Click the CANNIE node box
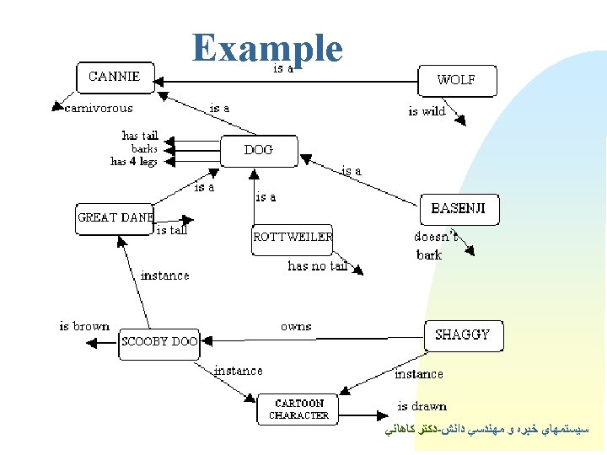(115, 77)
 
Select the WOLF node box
(458, 81)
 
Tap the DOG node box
(259, 150)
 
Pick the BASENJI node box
(459, 209)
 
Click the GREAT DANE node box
(115, 217)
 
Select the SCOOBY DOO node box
(159, 342)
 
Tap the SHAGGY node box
(463, 335)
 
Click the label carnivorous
(99, 108)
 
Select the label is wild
(427, 111)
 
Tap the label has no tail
(317, 266)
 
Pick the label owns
(296, 326)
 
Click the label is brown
(84, 326)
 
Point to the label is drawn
(422, 406)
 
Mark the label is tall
(172, 230)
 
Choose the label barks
(143, 148)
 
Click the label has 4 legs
(133, 161)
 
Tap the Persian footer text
(490, 430)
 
